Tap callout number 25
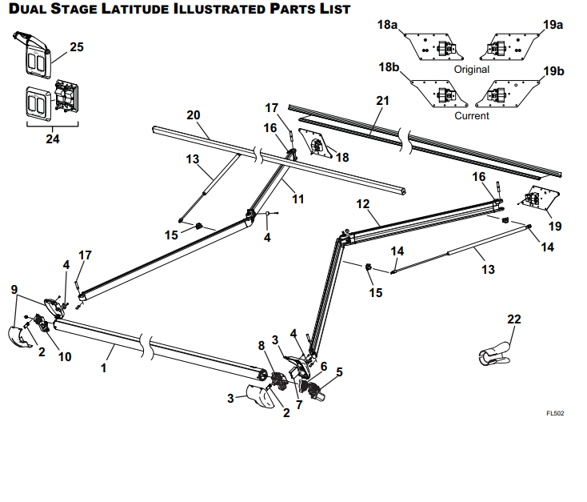(76, 47)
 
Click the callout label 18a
(387, 26)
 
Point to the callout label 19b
(554, 71)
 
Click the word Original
(471, 70)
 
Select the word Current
(471, 115)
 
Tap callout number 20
(193, 114)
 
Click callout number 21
(382, 100)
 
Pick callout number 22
(513, 319)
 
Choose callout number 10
(65, 356)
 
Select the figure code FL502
(555, 413)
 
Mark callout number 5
(339, 371)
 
